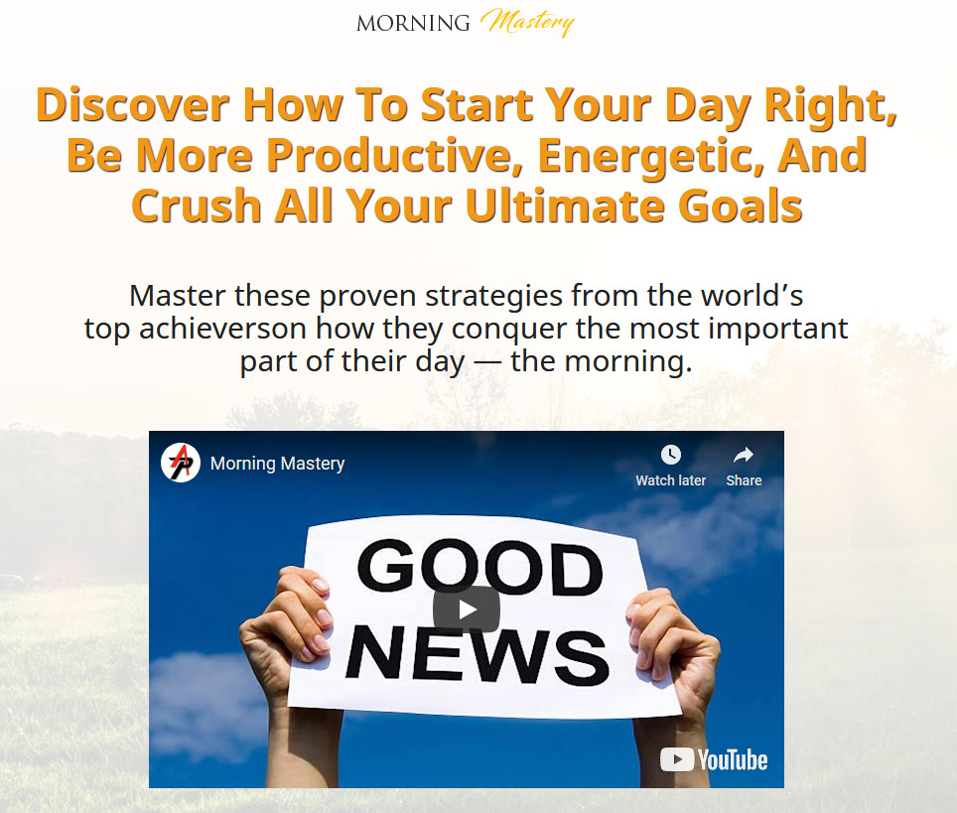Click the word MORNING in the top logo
[413, 23]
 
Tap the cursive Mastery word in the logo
[527, 23]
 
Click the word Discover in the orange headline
[132, 104]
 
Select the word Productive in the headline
[389, 155]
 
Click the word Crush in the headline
[197, 205]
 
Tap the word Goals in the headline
[740, 205]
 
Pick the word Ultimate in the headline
[565, 205]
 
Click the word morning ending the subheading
[628, 362]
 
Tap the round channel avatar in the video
[181, 462]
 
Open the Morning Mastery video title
[278, 464]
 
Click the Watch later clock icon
[671, 455]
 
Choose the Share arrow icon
[744, 455]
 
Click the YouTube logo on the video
[714, 760]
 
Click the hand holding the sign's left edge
[284, 622]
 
